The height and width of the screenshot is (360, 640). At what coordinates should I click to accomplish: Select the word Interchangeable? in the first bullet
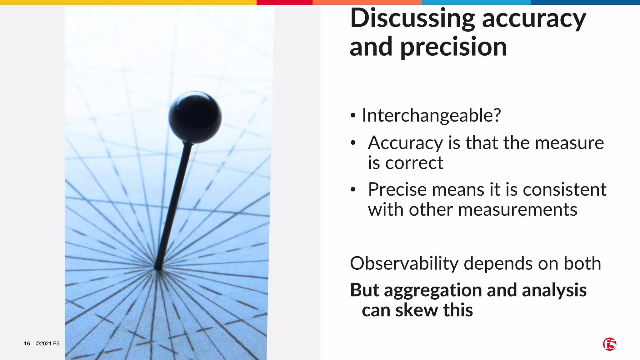[x=431, y=115]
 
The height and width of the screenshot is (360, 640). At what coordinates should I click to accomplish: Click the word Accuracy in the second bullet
[x=405, y=143]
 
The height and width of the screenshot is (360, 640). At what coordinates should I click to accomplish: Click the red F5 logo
[x=609, y=344]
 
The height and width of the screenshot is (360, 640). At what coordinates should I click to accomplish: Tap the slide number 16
[x=27, y=343]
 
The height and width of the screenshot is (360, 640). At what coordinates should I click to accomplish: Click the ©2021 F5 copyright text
[x=47, y=343]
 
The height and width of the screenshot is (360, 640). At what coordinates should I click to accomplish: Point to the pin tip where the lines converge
[x=158, y=268]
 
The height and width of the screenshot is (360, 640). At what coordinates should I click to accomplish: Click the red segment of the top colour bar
[x=284, y=2]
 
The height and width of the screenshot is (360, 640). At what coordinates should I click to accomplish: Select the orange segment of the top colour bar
[x=367, y=2]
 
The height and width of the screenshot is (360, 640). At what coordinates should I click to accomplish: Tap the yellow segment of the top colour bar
[x=128, y=2]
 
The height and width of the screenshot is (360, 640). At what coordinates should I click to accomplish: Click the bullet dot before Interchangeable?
[x=353, y=116]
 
